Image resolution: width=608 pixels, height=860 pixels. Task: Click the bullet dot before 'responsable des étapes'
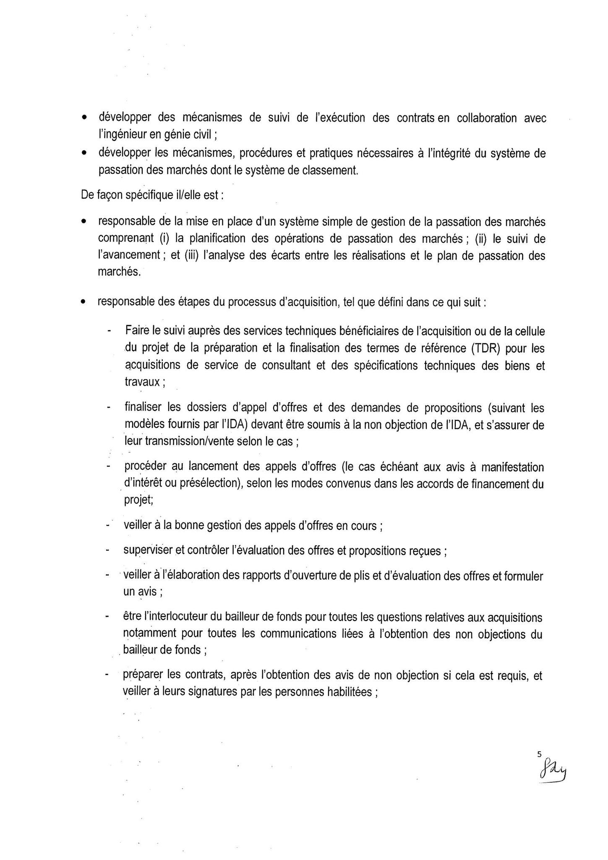click(85, 302)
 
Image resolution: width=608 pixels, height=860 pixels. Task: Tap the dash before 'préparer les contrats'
click(108, 675)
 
